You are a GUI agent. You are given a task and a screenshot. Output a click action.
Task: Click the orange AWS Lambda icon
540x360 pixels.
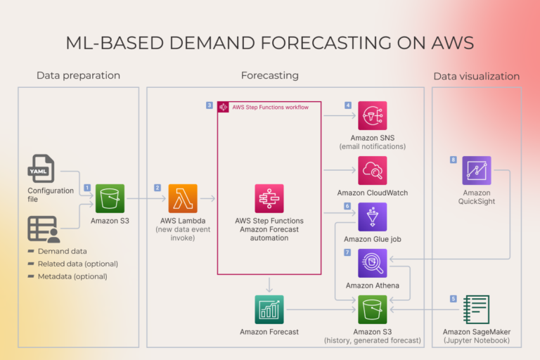183,198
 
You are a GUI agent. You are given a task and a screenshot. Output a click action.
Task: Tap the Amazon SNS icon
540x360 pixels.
372,115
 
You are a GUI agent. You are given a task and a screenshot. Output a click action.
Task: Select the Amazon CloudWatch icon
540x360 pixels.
372,170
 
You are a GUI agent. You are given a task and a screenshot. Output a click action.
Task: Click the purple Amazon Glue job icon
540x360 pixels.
372,217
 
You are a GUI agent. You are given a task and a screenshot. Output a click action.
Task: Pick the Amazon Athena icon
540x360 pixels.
372,263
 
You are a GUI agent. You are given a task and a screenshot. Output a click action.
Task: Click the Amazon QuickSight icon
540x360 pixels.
477,170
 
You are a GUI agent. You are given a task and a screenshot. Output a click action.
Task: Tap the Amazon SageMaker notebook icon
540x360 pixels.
475,309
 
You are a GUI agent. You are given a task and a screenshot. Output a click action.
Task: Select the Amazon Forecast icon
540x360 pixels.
269,309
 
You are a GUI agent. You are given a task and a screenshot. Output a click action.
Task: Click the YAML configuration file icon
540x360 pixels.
41,169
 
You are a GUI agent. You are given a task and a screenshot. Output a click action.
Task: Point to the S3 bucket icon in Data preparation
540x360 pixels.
110,198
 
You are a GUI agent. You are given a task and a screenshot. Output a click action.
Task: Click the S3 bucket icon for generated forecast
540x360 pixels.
372,309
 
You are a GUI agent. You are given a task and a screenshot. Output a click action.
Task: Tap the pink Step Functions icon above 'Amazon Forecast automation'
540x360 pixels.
269,198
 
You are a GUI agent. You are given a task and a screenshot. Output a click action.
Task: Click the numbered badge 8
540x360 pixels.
454,160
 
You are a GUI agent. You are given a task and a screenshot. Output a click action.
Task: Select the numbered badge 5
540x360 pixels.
454,299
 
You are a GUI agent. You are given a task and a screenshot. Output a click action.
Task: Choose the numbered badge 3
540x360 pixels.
210,105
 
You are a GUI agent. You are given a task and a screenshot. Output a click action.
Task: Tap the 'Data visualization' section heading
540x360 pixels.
476,76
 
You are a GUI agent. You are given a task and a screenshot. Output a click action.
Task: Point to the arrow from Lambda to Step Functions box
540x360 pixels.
207,199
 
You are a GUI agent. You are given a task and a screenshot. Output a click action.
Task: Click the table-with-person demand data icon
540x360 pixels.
42,230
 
